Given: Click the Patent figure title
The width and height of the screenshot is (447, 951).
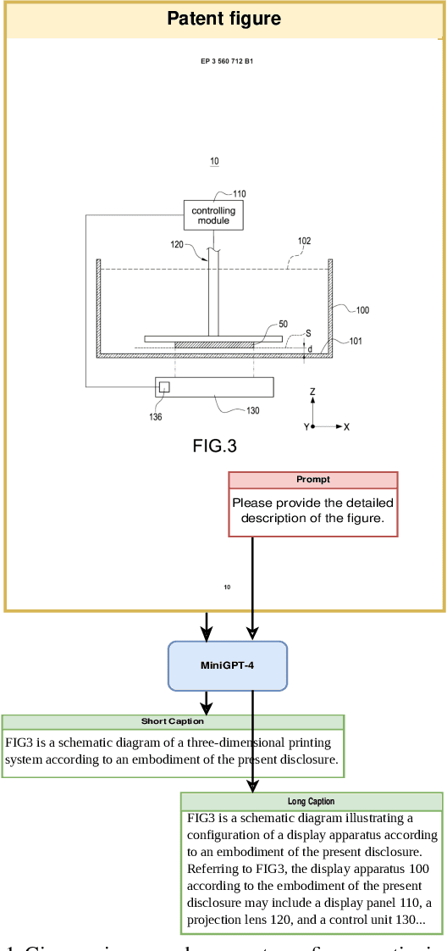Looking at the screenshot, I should point(223,19).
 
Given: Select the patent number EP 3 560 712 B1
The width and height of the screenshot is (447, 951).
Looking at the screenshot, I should point(227,61).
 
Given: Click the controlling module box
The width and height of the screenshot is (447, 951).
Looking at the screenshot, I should point(213,215).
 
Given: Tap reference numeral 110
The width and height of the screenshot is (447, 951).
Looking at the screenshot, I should point(240,194).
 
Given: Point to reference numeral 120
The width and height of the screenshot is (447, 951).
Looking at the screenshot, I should point(176,244).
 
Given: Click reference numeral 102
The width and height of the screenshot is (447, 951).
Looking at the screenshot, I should point(304,242).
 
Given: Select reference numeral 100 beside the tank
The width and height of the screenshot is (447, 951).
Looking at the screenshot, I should point(361,310).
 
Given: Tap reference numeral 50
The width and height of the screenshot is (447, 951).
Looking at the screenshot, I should point(283,324).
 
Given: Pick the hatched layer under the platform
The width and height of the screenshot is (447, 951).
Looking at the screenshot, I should point(214,345).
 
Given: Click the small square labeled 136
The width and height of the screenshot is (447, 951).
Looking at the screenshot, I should point(164,387).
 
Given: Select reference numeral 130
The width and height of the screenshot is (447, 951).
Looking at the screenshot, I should point(252,411).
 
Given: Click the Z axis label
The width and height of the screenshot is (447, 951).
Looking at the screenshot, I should point(312,392).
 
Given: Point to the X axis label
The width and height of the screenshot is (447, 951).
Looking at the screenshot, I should point(346,426).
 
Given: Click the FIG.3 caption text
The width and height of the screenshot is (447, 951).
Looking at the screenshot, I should point(214,447).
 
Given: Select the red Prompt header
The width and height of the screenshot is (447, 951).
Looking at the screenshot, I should point(312,480).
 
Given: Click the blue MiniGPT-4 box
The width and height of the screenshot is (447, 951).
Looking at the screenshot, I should point(228,665).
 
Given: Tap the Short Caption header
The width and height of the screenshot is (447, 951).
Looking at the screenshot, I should point(173,721).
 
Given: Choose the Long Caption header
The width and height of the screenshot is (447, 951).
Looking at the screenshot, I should point(311,801).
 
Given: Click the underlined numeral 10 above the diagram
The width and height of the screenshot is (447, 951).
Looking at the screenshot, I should point(214,161).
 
